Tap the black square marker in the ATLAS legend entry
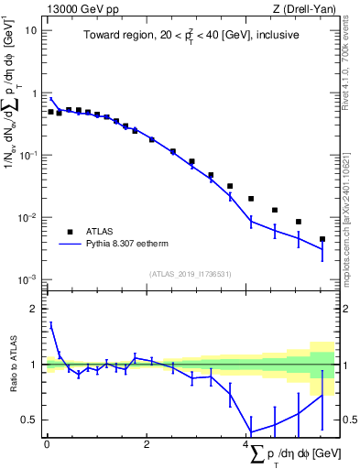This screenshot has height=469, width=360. point(69,231)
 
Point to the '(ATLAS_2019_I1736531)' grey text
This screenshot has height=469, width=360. point(192,274)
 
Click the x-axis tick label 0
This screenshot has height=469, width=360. point(47,444)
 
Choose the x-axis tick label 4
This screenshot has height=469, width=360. point(247,444)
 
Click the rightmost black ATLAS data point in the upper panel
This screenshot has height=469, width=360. point(322,239)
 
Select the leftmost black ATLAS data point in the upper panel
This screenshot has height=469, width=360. point(51,112)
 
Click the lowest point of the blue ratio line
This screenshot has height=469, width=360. point(251,432)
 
